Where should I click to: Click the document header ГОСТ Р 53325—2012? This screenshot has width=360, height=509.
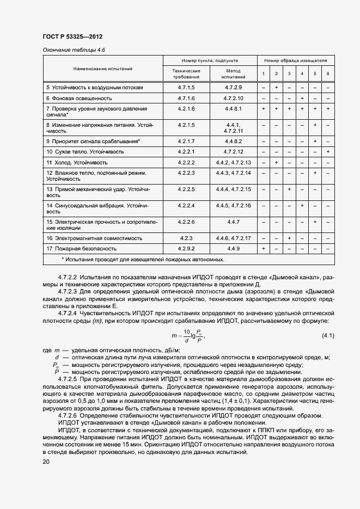coord(72,36)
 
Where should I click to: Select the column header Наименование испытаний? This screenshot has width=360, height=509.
coord(103,69)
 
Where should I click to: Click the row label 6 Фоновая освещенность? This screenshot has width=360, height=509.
coord(79,98)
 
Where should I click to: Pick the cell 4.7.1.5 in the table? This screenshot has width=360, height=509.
coord(186,87)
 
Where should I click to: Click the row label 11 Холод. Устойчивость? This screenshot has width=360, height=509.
coord(77,162)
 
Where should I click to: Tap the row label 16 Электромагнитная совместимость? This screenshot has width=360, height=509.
coord(94,238)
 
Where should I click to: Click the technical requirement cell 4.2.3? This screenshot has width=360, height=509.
coord(186,238)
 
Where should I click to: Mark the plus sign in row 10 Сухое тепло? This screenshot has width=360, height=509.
coord(328,151)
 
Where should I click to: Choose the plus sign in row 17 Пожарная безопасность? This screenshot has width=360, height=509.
coord(263,248)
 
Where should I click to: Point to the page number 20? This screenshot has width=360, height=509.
coord(46,462)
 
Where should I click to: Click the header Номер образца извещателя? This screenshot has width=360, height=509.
coord(296,60)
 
